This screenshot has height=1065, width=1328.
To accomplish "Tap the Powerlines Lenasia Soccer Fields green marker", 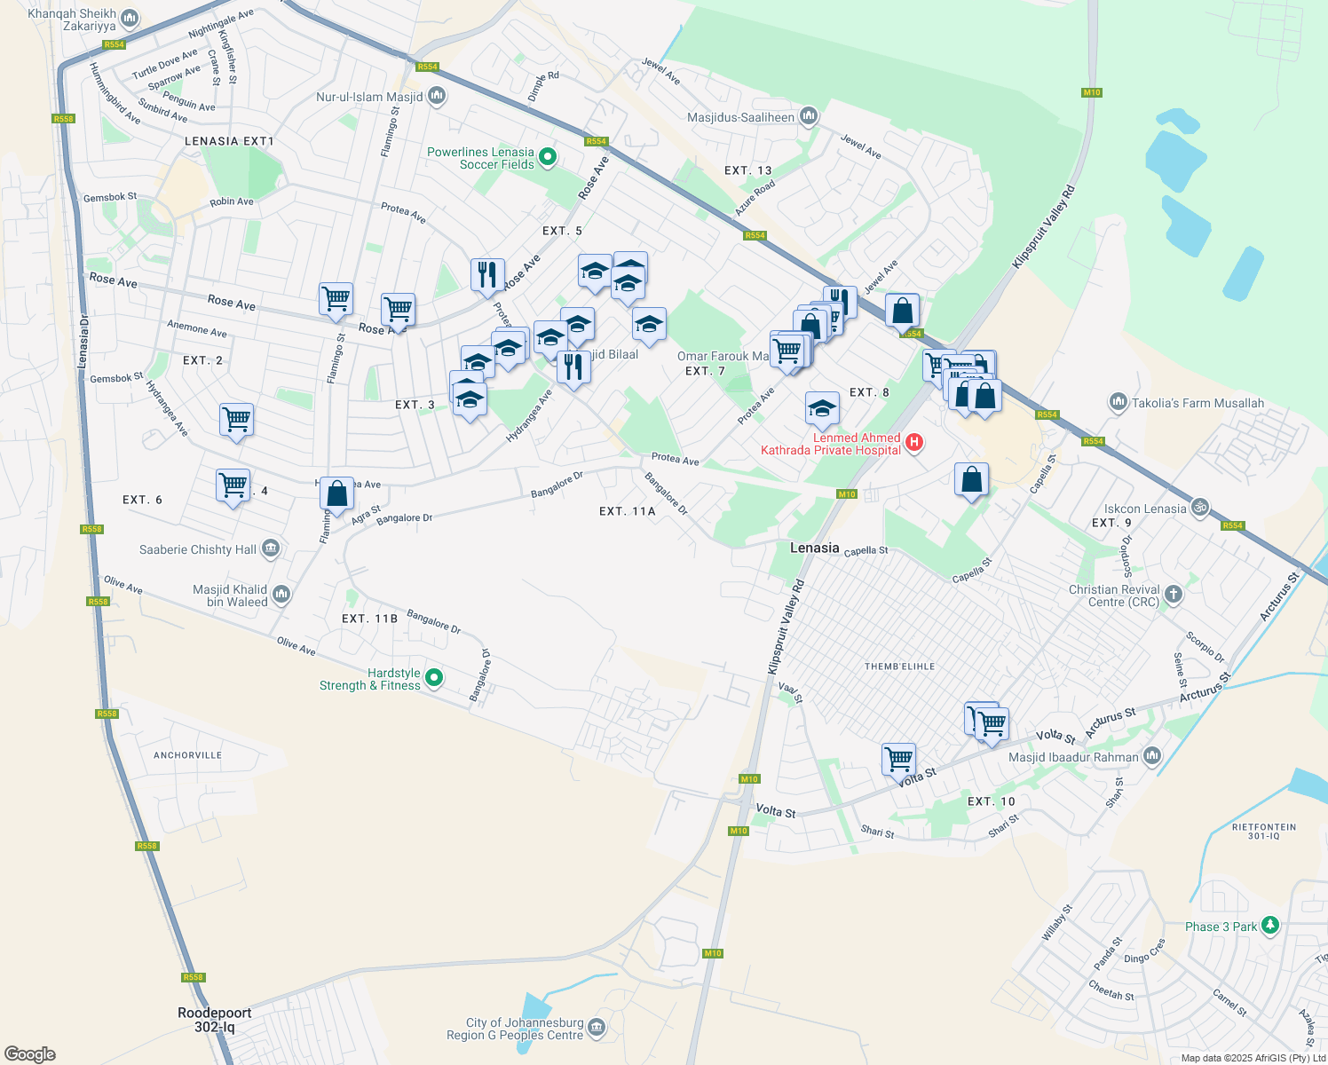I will pyautogui.click(x=548, y=158).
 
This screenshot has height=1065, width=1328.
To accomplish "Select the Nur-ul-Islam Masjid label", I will pyautogui.click(x=369, y=97).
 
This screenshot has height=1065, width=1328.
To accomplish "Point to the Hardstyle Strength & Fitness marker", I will pyautogui.click(x=434, y=679).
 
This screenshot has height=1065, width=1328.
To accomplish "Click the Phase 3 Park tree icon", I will pyautogui.click(x=1270, y=926).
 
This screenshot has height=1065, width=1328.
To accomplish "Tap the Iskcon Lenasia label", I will pyautogui.click(x=1145, y=509).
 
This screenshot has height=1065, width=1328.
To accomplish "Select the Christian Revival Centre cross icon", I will pyautogui.click(x=1174, y=595).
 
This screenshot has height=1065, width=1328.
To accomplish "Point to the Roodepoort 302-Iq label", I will pyautogui.click(x=215, y=1020).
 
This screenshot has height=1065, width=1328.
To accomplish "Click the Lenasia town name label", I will pyautogui.click(x=814, y=548).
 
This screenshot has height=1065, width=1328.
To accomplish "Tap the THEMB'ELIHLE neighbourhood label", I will pyautogui.click(x=899, y=667).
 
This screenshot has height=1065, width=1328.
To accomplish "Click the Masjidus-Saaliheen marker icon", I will pyautogui.click(x=808, y=116).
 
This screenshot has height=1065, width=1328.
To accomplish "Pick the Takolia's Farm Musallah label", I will pyautogui.click(x=1198, y=403).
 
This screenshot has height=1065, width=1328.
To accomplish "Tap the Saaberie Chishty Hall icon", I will pyautogui.click(x=271, y=549).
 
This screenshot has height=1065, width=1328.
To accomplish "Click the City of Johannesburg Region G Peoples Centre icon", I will pyautogui.click(x=597, y=1029).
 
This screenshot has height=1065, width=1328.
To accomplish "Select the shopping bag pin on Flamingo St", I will pyautogui.click(x=337, y=493).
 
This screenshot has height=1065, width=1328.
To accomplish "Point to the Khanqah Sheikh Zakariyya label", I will pyautogui.click(x=72, y=20).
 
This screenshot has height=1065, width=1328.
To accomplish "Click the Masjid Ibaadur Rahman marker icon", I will pyautogui.click(x=1151, y=756).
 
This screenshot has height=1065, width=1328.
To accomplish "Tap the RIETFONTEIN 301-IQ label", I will pyautogui.click(x=1264, y=832).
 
